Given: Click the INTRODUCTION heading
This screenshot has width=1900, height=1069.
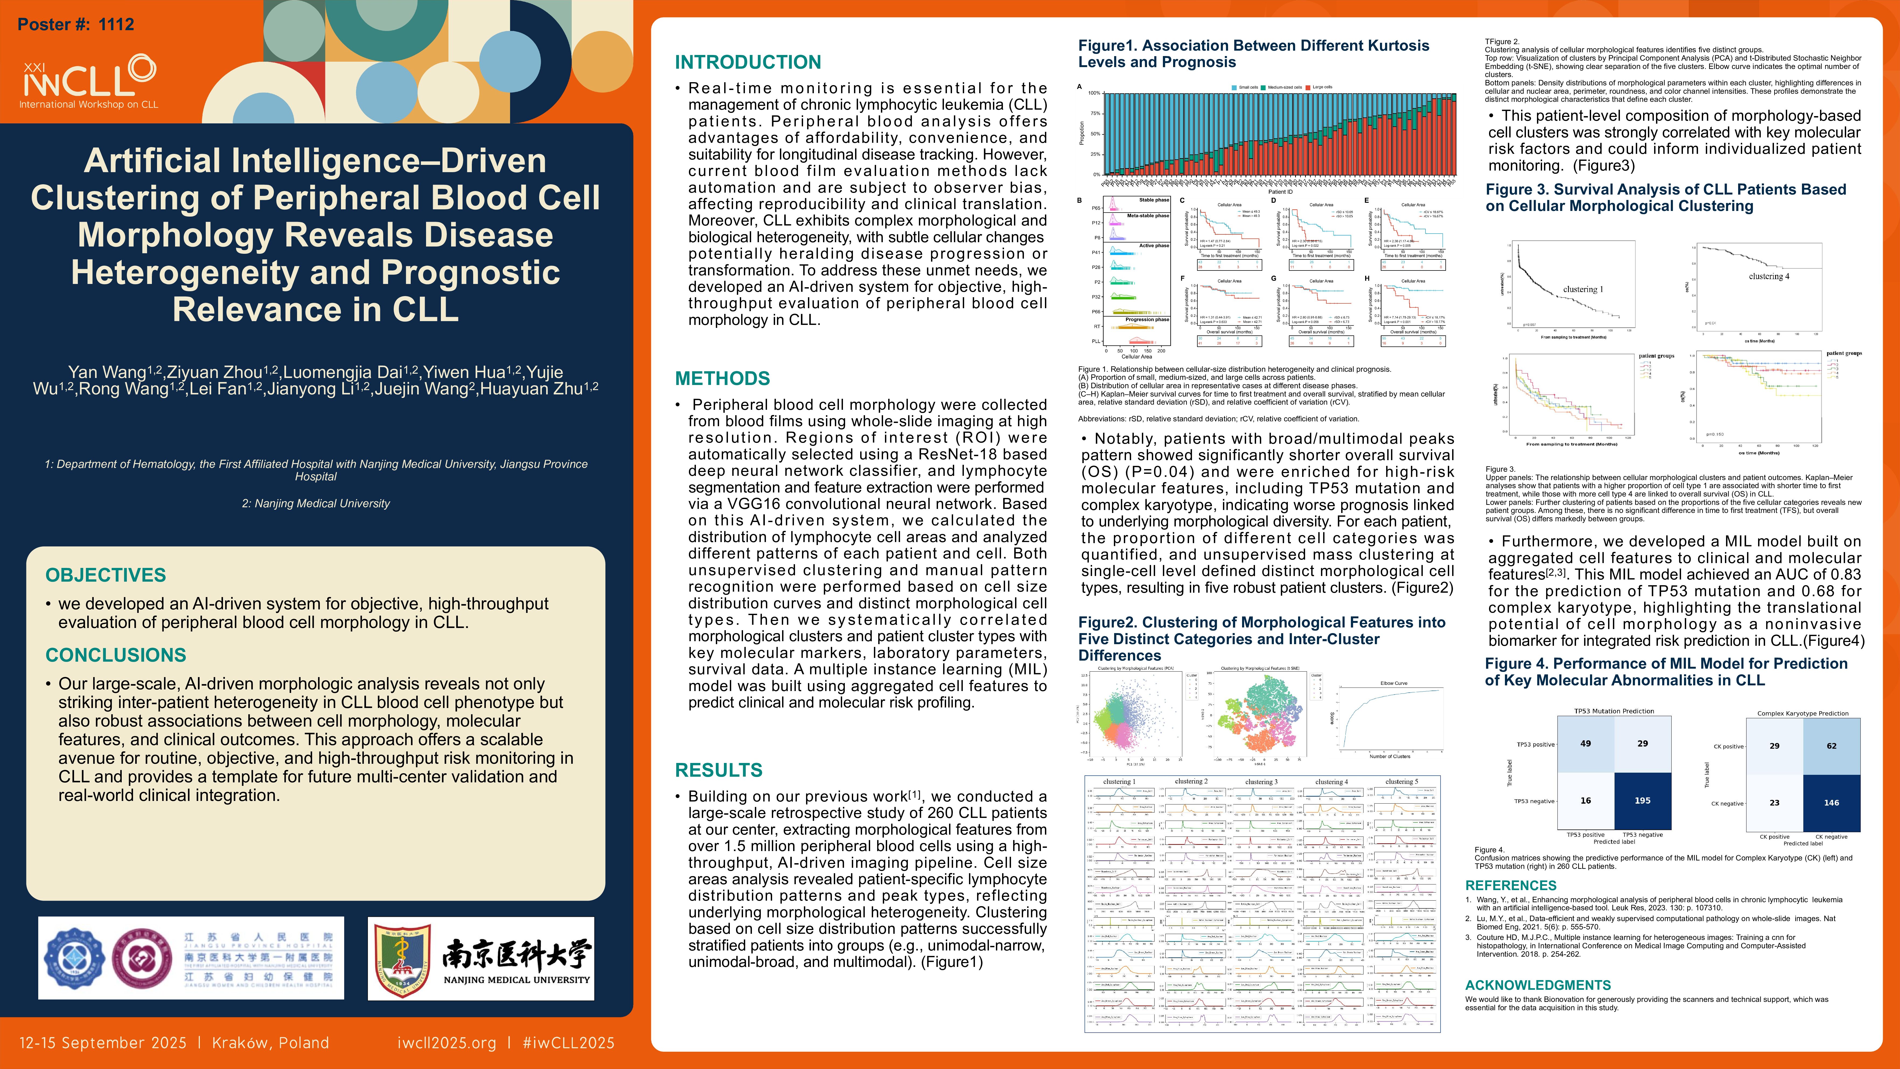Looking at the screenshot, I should (748, 62).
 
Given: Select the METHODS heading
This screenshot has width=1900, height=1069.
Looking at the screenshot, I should (722, 379).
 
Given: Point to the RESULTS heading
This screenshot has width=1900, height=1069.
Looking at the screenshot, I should (719, 770).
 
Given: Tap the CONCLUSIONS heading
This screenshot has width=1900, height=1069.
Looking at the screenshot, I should (116, 655).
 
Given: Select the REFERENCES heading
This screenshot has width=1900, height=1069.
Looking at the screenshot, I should (1511, 885).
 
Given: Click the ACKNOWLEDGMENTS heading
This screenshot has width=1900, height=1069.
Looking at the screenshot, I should (1538, 985).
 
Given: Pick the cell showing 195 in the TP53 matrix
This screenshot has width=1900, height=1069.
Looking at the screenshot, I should (1643, 800).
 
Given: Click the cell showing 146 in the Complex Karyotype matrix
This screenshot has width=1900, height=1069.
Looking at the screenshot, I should (1831, 803).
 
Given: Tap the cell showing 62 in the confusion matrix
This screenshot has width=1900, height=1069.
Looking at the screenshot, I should (1831, 746).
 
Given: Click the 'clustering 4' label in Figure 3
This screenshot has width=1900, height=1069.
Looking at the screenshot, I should (1769, 277).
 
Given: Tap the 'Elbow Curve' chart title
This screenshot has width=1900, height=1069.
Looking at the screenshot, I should (1393, 683).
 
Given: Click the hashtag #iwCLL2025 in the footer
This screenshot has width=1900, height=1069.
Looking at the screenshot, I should (568, 1042).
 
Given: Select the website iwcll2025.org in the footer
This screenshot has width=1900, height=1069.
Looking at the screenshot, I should (446, 1042).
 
